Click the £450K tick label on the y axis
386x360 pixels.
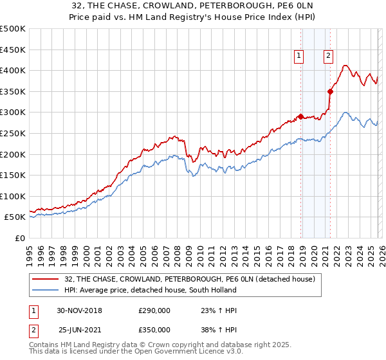[x=13, y=50]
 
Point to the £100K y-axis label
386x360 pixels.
[x=13, y=196]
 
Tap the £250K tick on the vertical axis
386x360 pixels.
[x=13, y=133]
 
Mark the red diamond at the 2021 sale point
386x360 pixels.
[x=330, y=91]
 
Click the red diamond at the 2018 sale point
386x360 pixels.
[x=300, y=116]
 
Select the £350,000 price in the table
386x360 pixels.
[x=154, y=329]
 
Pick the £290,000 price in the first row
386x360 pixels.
[x=154, y=310]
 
